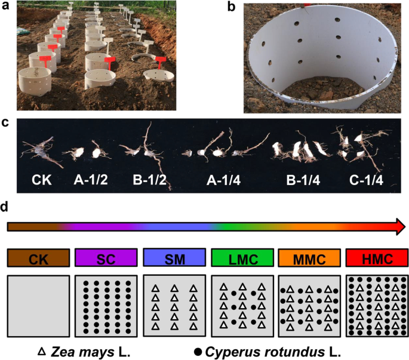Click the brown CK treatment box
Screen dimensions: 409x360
click(x=38, y=259)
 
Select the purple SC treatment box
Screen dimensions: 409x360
click(x=106, y=259)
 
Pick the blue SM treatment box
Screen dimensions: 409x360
click(x=174, y=259)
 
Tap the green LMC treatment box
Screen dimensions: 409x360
click(x=241, y=259)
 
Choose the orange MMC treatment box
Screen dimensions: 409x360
click(x=308, y=259)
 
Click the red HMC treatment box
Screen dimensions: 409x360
click(x=376, y=259)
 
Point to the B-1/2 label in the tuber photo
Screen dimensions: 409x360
click(x=146, y=178)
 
